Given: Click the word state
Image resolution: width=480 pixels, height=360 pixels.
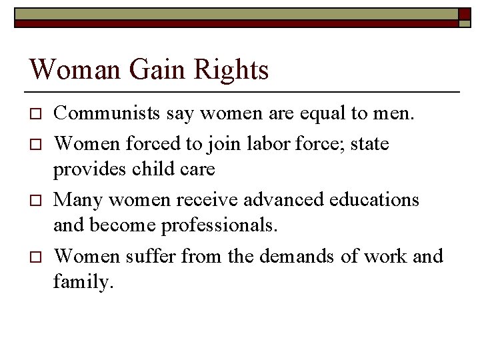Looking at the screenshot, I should [367, 143].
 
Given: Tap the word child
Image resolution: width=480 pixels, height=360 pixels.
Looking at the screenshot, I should [157, 169].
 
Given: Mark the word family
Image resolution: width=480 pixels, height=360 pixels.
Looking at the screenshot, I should [83, 282].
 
